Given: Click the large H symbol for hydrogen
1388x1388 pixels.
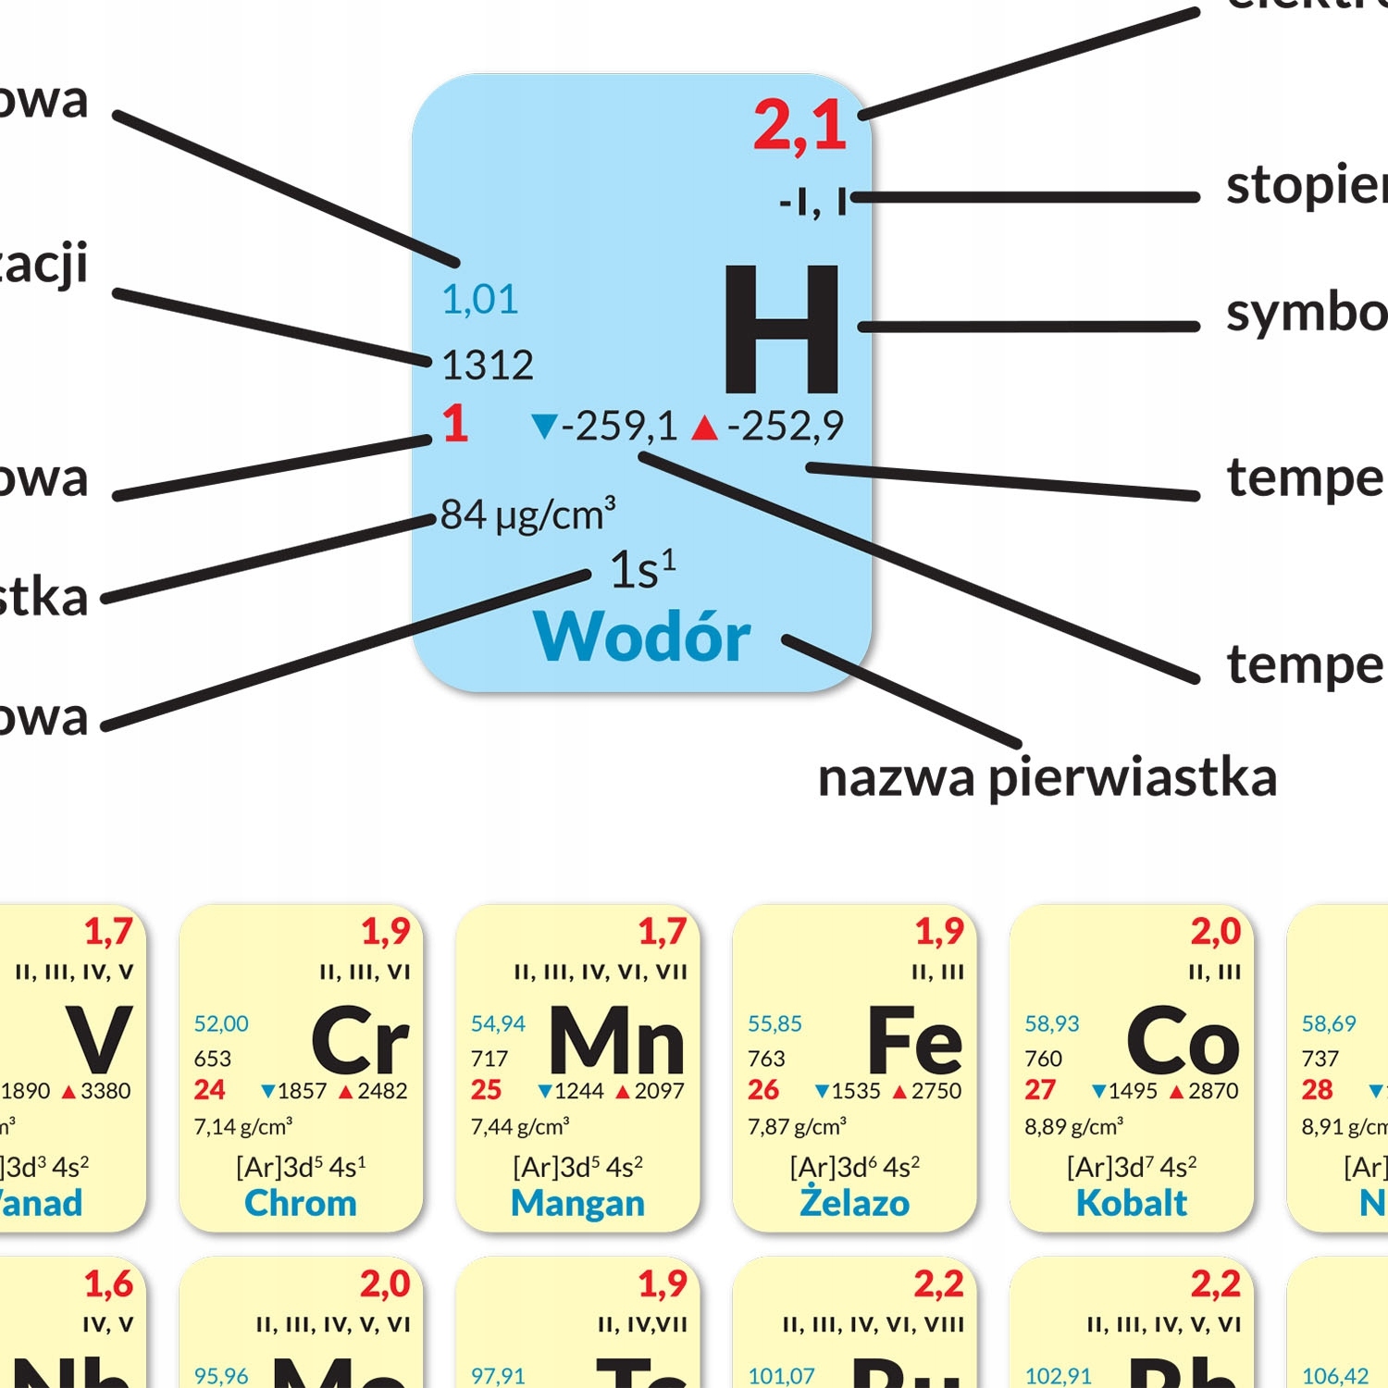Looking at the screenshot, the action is (782, 328).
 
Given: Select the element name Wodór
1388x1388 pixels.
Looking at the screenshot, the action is (641, 637).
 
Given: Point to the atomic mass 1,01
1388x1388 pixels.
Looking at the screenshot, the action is (479, 299).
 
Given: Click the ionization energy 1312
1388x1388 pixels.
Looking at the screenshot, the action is (487, 366).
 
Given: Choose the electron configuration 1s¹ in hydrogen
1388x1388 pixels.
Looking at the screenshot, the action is (642, 569).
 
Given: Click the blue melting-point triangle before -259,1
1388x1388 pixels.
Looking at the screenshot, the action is (544, 426).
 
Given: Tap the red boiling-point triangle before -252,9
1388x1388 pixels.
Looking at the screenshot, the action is (704, 427).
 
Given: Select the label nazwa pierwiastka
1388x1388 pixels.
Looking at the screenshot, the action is (1047, 777).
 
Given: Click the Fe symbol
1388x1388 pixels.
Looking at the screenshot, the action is (914, 1040).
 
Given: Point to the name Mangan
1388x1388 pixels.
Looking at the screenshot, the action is (577, 1203).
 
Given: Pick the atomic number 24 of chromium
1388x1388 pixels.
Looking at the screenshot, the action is (209, 1090).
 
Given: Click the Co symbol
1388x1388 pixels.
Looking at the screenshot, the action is (1183, 1040).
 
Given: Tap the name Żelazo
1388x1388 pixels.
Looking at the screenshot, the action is (854, 1202).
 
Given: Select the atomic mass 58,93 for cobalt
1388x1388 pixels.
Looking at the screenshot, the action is (1052, 1023).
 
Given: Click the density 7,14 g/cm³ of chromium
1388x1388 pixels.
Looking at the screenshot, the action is (242, 1126).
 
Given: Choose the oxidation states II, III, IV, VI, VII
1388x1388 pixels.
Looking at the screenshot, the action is (601, 972).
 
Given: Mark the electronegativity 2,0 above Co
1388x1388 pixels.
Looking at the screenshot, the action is (1216, 931).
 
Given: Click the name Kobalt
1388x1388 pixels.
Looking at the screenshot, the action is (1131, 1203).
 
